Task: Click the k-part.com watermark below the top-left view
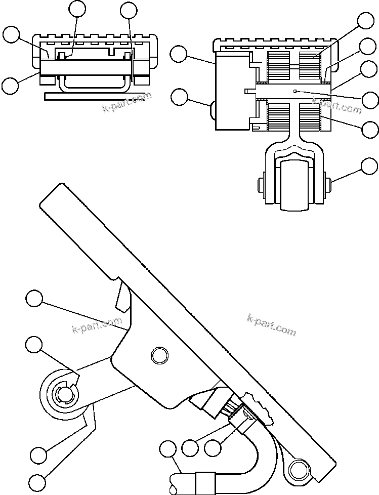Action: point(127,101)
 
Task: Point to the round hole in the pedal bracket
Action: point(159,355)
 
